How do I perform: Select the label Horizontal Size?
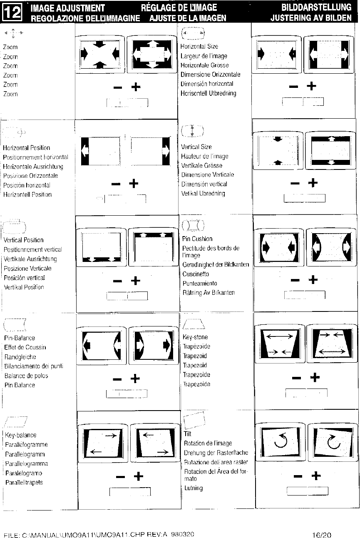[x=199, y=47]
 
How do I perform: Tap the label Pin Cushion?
[x=197, y=239]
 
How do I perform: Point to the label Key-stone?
[x=195, y=337]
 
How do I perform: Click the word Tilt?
[x=187, y=433]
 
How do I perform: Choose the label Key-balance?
[x=20, y=435]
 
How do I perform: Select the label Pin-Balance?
[x=19, y=338]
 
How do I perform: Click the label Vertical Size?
[x=196, y=147]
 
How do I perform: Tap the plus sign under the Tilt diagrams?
[x=316, y=476]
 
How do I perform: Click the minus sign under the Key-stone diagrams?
[x=296, y=378]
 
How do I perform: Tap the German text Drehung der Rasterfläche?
[x=216, y=453]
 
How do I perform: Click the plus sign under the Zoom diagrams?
[x=136, y=87]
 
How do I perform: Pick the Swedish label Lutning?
[x=194, y=488]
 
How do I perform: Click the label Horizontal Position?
[x=26, y=148]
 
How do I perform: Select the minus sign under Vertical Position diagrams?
[x=117, y=281]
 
